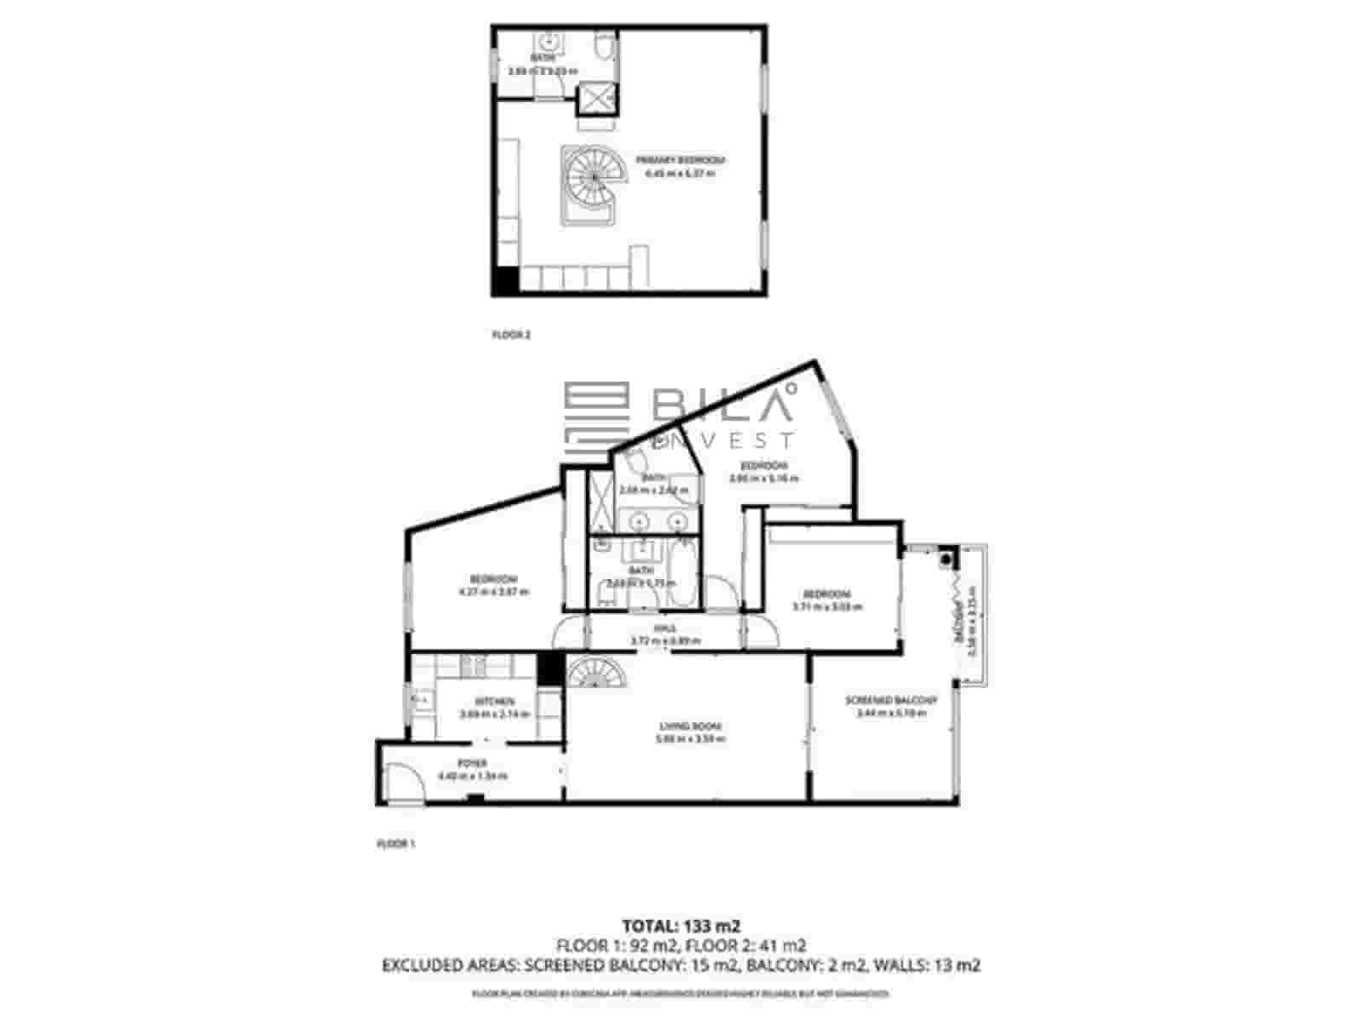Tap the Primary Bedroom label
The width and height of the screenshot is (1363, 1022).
coord(679,160)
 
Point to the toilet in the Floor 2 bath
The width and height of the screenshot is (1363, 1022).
coord(603,48)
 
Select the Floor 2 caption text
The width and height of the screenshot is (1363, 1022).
coord(511,336)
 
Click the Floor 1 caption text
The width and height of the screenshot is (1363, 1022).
coord(394,844)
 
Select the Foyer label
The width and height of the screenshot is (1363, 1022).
coord(472,763)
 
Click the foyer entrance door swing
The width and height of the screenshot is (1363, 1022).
coord(403,782)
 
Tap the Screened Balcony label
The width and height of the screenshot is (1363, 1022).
coord(891,701)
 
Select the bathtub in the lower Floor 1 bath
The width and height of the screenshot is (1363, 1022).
coord(683,571)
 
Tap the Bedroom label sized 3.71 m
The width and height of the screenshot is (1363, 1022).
coord(827,594)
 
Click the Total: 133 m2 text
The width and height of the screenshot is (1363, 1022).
coord(681,926)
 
